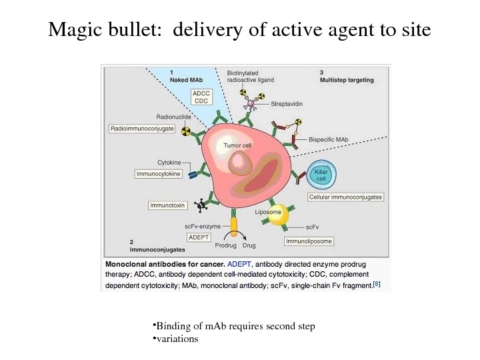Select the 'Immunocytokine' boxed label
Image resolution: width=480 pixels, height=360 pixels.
(x=157, y=173)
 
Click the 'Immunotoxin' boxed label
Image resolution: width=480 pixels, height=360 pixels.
(x=167, y=205)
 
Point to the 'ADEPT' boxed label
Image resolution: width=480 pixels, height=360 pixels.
(x=197, y=237)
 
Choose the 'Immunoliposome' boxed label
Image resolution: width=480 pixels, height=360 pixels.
(x=309, y=241)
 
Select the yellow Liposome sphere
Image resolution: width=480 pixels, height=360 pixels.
(x=273, y=215)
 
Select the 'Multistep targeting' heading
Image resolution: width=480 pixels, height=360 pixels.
(x=347, y=80)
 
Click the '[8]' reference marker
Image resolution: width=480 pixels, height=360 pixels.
(x=377, y=283)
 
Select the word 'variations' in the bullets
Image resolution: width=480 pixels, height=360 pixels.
(x=177, y=339)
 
